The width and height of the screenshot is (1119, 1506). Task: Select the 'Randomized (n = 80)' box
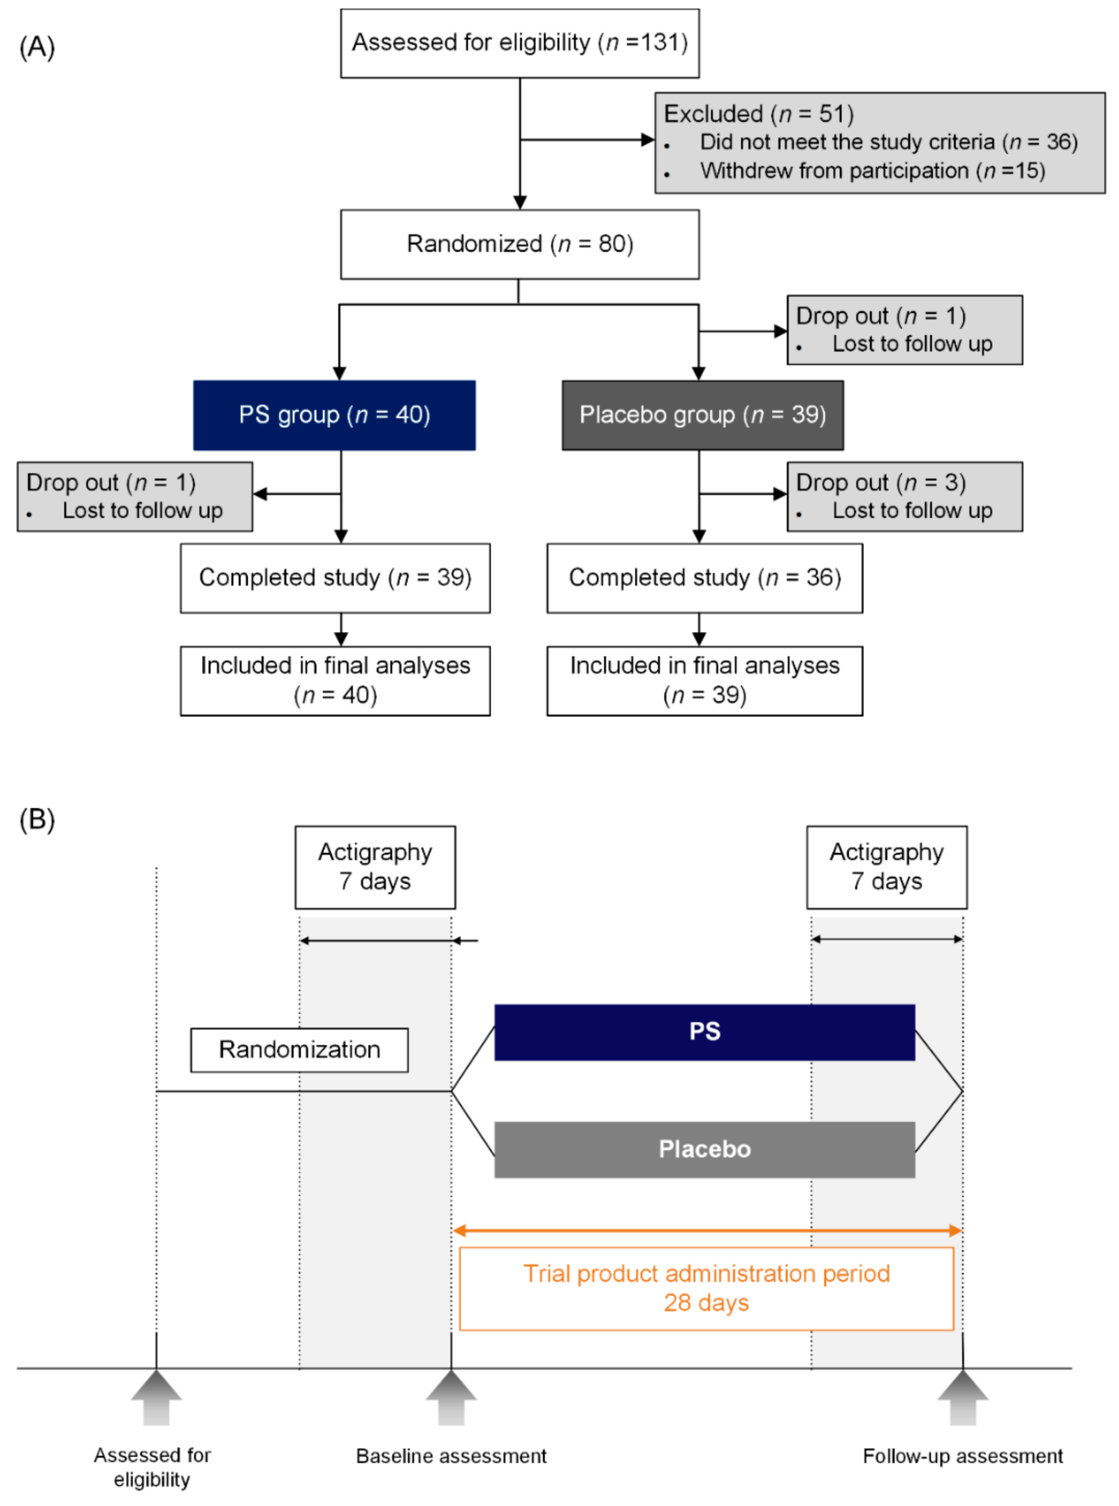point(520,244)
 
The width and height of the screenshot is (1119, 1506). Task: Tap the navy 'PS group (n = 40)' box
point(334,415)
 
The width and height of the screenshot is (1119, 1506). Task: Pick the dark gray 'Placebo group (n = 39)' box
point(702,415)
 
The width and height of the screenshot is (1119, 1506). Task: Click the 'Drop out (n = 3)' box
point(904,496)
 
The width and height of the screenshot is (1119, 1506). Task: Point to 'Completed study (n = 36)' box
point(704,577)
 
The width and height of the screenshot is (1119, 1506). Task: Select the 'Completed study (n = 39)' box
point(335,577)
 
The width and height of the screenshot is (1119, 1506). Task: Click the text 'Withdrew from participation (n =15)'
point(873,171)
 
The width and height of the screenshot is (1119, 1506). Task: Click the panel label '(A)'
point(37,48)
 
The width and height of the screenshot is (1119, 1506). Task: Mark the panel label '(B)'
point(37,819)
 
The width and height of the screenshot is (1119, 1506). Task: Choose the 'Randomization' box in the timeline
point(299,1050)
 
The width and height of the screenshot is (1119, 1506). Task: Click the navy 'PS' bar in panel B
point(704,1031)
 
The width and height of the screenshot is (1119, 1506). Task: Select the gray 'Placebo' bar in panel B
point(704,1149)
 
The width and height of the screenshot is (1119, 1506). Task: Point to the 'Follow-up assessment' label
point(963,1456)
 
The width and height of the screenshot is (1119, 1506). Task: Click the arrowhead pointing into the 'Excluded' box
point(648,140)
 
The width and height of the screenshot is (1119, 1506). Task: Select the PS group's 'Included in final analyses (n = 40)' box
point(335,681)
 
